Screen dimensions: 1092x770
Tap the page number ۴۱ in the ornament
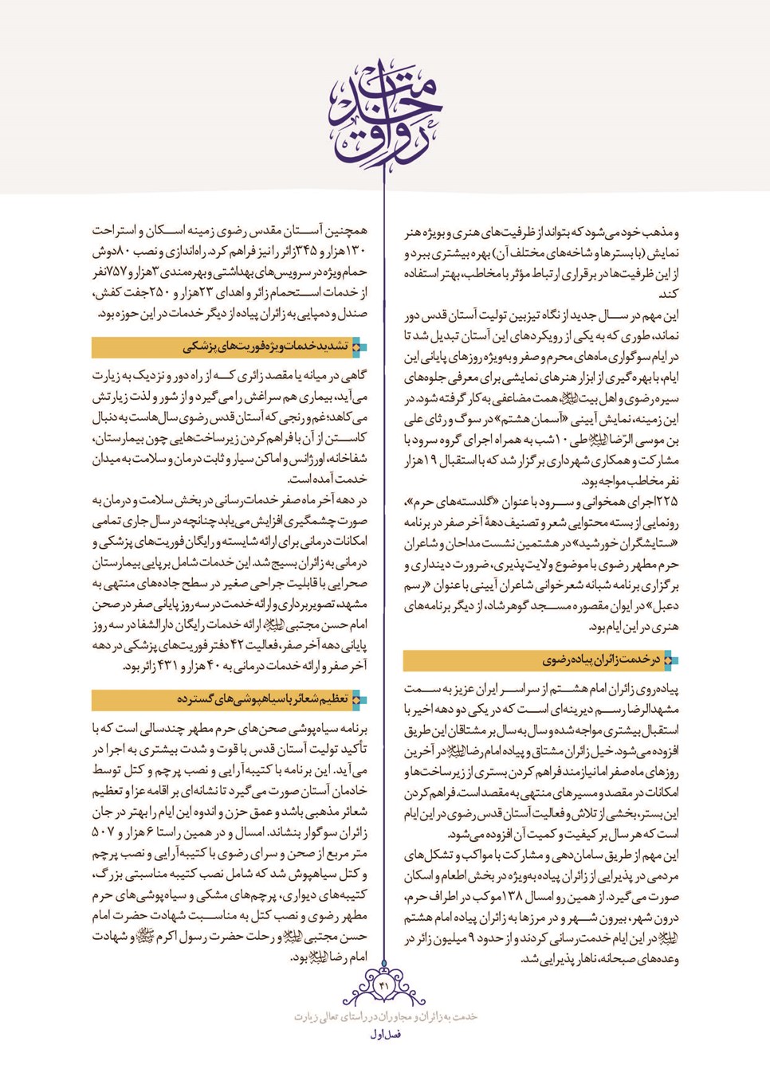[x=384, y=986]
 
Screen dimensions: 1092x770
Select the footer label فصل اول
[x=385, y=1035]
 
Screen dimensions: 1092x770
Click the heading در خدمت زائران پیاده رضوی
[x=600, y=660]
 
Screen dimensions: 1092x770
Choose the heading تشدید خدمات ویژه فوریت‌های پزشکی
[x=266, y=346]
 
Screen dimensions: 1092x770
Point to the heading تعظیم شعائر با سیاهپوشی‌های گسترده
[x=262, y=699]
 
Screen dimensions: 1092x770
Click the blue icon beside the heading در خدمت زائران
[x=670, y=660]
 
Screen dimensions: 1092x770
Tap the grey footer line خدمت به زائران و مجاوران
[x=385, y=1017]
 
